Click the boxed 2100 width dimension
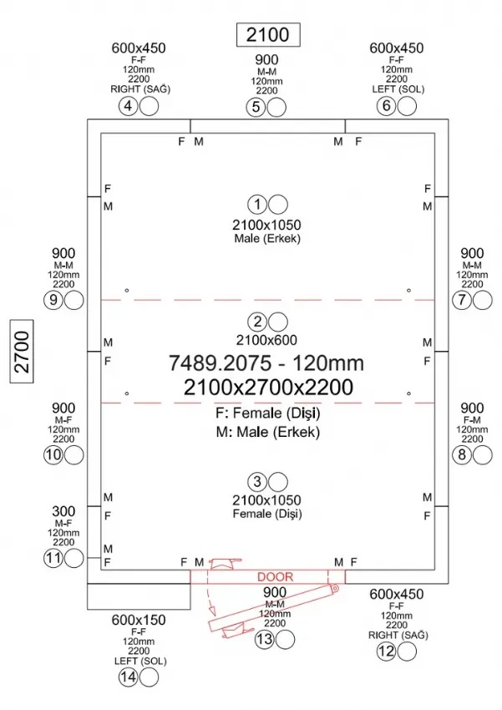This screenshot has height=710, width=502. pos(268,34)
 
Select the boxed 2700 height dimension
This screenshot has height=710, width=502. pos(22,351)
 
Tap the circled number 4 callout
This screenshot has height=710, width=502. pos(128,106)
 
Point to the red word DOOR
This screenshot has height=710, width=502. pos(275,577)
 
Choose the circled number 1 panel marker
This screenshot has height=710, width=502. pos(257,204)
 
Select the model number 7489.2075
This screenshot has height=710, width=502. pos(221,363)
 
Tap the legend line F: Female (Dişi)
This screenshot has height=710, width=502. pos(268,413)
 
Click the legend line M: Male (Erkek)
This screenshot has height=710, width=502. pos(268,432)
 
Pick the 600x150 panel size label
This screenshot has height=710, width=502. pos(139,620)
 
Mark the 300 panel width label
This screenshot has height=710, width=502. pos(63,511)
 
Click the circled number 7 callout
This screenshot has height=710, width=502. pos(462,300)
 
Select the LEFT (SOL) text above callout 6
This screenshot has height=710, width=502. pos(398,89)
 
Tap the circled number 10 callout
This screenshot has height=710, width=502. pos(53,455)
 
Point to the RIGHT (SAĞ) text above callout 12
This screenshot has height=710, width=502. pos(398,636)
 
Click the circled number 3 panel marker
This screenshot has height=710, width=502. pos(257,481)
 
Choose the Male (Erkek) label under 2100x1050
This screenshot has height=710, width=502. pos(267,239)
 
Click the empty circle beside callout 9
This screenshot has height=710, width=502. pos(74,300)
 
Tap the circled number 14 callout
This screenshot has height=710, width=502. pos(128,677)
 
